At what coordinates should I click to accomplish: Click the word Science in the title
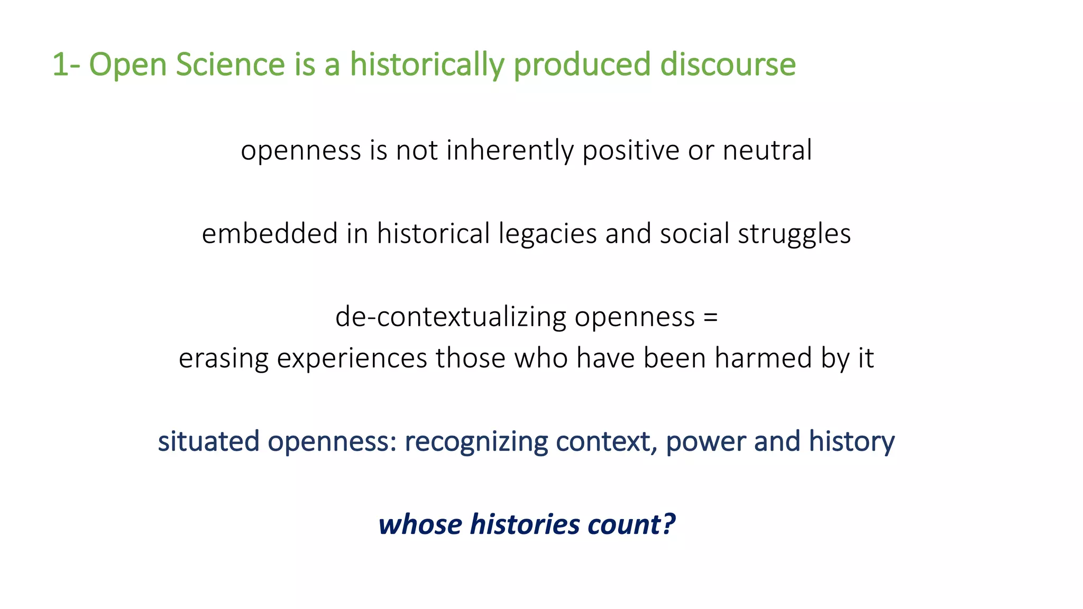231,64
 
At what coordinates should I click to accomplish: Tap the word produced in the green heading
582,66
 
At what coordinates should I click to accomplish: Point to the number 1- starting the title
66,64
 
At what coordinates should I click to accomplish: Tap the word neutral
767,150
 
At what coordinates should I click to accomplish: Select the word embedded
270,234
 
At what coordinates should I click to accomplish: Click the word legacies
547,235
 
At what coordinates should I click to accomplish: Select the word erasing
224,359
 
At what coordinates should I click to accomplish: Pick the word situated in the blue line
208,441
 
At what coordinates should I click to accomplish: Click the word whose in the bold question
420,524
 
